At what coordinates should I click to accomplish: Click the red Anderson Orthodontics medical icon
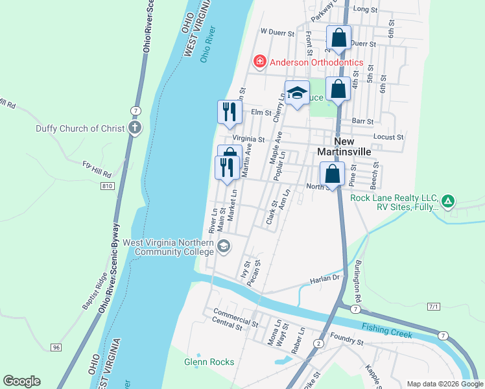coord(259,62)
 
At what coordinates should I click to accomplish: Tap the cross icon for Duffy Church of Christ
coord(134,128)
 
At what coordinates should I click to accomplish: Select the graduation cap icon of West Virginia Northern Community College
coord(224,246)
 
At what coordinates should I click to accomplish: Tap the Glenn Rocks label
coord(209,362)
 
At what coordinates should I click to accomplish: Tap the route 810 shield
coord(107,186)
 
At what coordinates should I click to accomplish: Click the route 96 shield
coord(56,348)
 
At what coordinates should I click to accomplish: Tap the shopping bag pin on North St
coord(332,174)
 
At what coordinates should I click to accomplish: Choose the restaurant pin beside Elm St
coord(229,112)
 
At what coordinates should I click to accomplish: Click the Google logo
coord(21,381)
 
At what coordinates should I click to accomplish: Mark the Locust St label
coord(389,137)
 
